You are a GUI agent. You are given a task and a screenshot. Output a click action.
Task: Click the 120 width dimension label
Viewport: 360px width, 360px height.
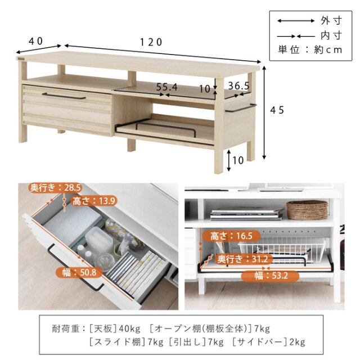[151, 42]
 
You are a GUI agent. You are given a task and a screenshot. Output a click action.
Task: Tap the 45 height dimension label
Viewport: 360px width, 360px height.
[277, 110]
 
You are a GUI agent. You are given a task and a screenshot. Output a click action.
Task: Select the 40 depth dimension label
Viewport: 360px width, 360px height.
[35, 41]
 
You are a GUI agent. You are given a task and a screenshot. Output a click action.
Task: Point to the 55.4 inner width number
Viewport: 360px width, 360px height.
[166, 87]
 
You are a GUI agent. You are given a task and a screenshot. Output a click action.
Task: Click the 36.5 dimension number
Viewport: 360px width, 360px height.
[238, 86]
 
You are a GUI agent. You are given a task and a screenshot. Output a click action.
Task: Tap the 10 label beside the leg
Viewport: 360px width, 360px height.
[238, 160]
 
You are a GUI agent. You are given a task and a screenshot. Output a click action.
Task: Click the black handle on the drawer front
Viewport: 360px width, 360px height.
[64, 96]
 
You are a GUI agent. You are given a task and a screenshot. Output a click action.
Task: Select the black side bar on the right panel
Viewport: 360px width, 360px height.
[241, 108]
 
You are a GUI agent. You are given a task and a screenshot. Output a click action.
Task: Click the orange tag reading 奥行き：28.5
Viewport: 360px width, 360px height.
[55, 188]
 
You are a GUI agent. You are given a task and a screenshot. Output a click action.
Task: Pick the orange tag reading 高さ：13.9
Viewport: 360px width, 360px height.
[93, 201]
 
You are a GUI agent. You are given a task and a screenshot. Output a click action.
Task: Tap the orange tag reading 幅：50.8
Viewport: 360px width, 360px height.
[79, 272]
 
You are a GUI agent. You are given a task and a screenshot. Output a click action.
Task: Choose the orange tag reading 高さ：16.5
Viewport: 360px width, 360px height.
[231, 236]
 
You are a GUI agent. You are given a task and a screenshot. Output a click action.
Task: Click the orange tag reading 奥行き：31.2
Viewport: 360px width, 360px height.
[242, 259]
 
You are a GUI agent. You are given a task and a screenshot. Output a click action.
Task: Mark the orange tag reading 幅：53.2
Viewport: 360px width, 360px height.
[270, 276]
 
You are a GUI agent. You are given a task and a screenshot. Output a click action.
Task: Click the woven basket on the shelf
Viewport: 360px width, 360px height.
[307, 210]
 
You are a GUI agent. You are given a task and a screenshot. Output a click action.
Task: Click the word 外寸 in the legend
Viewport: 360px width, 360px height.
[331, 21]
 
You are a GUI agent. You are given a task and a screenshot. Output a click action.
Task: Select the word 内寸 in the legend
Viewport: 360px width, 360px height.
[331, 36]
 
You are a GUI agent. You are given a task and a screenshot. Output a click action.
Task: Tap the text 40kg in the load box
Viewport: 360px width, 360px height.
[129, 329]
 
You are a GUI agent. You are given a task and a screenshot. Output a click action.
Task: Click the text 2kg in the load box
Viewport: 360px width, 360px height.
[297, 342]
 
